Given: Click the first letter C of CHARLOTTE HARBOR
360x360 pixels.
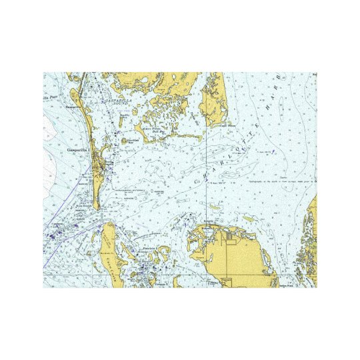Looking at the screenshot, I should pos(198,181).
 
